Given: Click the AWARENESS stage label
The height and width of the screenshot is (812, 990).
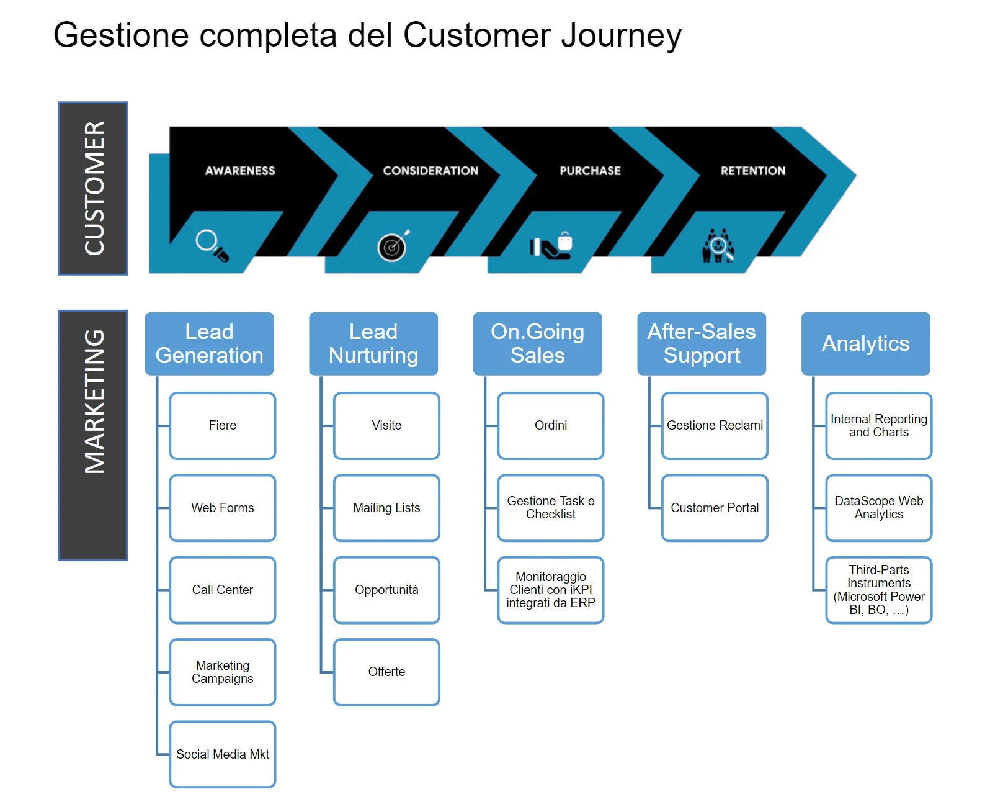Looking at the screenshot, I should click(240, 171).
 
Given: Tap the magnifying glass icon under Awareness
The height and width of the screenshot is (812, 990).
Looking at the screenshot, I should click(212, 245).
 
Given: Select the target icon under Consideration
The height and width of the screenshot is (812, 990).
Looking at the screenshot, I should click(393, 246).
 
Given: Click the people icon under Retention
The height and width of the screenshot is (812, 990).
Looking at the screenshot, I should click(718, 246).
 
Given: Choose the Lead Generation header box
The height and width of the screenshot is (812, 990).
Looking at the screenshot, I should click(210, 343).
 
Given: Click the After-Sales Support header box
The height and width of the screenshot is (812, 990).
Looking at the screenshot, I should click(702, 343).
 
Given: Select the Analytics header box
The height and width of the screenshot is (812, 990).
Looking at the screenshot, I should click(865, 343).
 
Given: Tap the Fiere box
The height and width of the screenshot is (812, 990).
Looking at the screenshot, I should click(223, 425).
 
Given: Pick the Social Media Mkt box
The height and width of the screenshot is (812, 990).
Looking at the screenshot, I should click(223, 754).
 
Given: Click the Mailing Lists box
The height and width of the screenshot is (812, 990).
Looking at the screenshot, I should click(386, 508).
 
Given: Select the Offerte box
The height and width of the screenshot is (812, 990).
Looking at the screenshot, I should click(386, 672).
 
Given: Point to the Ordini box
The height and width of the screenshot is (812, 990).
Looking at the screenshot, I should click(551, 425).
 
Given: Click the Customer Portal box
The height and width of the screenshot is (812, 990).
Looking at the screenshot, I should click(715, 508).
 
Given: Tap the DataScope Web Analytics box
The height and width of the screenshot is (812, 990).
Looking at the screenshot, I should click(879, 508).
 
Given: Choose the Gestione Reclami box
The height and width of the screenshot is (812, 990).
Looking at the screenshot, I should click(715, 425).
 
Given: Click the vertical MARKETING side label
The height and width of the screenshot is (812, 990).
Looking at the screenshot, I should click(94, 435).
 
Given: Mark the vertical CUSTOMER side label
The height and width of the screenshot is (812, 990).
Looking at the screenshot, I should click(94, 188).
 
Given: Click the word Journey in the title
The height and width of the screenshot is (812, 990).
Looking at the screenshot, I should click(621, 35).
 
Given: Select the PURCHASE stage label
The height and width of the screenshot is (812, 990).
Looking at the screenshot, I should click(590, 171).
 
